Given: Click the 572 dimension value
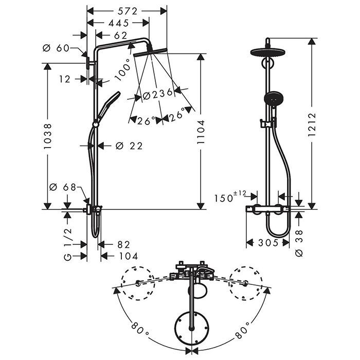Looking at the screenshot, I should point(127,10).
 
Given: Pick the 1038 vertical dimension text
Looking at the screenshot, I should point(47,136).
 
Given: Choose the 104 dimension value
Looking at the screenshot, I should point(128,256).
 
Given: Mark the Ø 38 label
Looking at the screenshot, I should point(299,242).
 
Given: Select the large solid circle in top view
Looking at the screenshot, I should point(192,328).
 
